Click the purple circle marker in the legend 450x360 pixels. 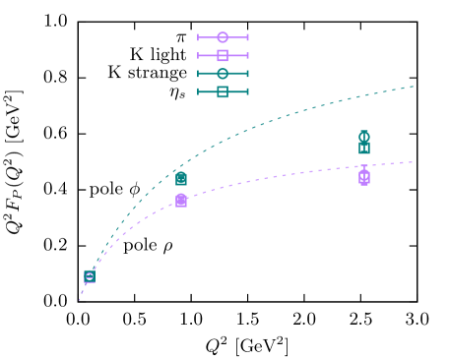[223, 37]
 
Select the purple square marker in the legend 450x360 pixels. [223, 55]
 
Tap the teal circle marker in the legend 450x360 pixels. [223, 74]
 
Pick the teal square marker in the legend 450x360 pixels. [223, 91]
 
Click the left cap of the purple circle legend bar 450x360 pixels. [198, 37]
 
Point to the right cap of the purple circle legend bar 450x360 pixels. [248, 37]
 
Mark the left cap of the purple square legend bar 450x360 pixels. [198, 55]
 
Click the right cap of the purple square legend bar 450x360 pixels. [248, 55]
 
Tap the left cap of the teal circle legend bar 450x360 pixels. [198, 74]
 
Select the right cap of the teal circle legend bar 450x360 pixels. [248, 74]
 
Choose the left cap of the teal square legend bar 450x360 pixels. [198, 91]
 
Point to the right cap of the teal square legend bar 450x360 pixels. [248, 91]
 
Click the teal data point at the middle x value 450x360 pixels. [181, 179]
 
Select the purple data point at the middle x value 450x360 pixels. [181, 201]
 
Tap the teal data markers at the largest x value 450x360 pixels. [364, 143]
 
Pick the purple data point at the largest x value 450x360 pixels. [364, 177]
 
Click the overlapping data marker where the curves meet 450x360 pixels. [90, 276]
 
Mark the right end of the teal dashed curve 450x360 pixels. [414, 87]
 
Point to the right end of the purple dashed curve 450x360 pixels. [414, 162]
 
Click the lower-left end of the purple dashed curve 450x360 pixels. [80, 299]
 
